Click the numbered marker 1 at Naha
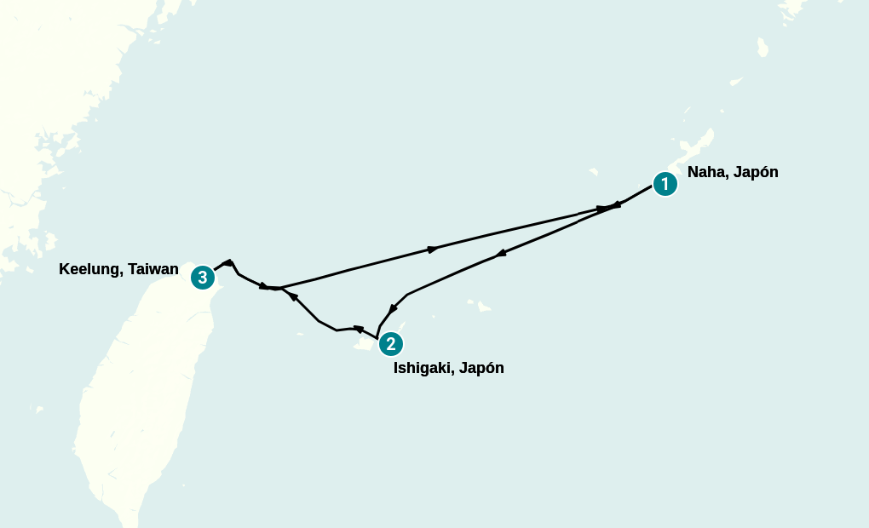pyautogui.click(x=665, y=184)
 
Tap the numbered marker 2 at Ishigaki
pyautogui.click(x=390, y=344)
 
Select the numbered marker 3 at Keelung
pyautogui.click(x=202, y=277)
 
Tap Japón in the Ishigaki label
pyautogui.click(x=481, y=369)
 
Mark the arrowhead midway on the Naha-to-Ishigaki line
pyautogui.click(x=502, y=253)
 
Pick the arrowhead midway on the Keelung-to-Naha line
pyautogui.click(x=433, y=250)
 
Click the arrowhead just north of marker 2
pyautogui.click(x=393, y=310)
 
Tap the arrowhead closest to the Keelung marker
pyautogui.click(x=228, y=262)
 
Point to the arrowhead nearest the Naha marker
pyautogui.click(x=615, y=205)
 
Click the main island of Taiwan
pyautogui.click(x=136, y=400)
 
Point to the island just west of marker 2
pyautogui.click(x=364, y=344)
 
